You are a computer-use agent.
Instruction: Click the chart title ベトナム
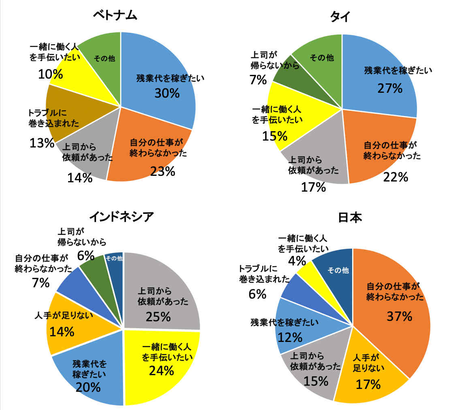[x=115, y=15]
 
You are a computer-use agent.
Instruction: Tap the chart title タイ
[x=340, y=16]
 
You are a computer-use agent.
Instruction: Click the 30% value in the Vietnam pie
[x=167, y=93]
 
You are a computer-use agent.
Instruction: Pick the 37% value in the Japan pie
[x=399, y=316]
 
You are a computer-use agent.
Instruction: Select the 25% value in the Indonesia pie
[x=158, y=316]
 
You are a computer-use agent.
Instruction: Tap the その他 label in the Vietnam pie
[x=104, y=59]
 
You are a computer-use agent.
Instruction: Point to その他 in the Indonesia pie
[x=114, y=258]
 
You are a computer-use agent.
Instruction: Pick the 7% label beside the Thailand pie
[x=258, y=80]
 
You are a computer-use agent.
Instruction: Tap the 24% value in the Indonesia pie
[x=161, y=370]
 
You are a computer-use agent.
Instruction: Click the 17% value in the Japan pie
[x=368, y=384]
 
